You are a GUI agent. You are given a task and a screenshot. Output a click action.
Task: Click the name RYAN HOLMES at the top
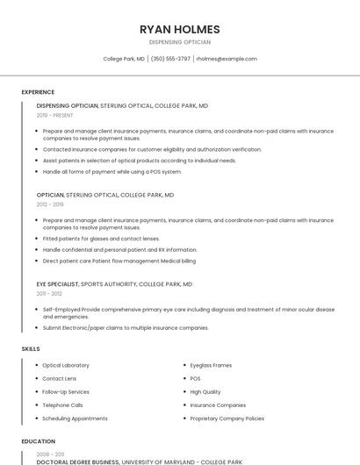click(180, 29)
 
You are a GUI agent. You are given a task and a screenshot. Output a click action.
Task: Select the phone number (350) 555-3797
click(170, 59)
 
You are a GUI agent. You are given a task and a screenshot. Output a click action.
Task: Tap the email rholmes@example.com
click(227, 59)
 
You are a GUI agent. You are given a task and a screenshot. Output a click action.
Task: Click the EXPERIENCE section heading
click(38, 92)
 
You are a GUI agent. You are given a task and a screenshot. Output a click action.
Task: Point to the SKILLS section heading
click(31, 349)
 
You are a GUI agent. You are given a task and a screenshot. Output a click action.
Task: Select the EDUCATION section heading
click(38, 441)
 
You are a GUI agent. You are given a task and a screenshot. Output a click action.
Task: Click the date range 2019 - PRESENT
click(54, 116)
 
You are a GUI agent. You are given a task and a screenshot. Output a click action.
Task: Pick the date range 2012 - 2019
click(50, 204)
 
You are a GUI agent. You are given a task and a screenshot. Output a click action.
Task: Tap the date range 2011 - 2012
click(49, 294)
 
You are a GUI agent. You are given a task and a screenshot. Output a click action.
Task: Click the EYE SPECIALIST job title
click(57, 284)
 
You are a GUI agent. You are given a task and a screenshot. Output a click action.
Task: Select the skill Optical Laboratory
click(66, 365)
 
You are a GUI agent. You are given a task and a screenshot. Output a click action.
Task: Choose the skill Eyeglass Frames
click(211, 365)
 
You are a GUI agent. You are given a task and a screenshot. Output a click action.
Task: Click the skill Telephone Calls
click(62, 405)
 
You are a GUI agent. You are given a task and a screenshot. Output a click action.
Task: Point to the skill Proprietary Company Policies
click(227, 418)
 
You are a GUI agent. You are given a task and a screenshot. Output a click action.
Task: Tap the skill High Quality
click(205, 392)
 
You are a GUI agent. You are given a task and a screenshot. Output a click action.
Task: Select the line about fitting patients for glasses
click(101, 239)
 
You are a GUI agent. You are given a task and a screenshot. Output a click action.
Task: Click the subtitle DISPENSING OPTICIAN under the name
click(180, 42)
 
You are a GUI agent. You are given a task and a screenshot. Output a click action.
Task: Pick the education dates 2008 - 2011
click(50, 454)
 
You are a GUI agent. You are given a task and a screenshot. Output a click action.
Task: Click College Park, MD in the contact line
click(124, 59)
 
